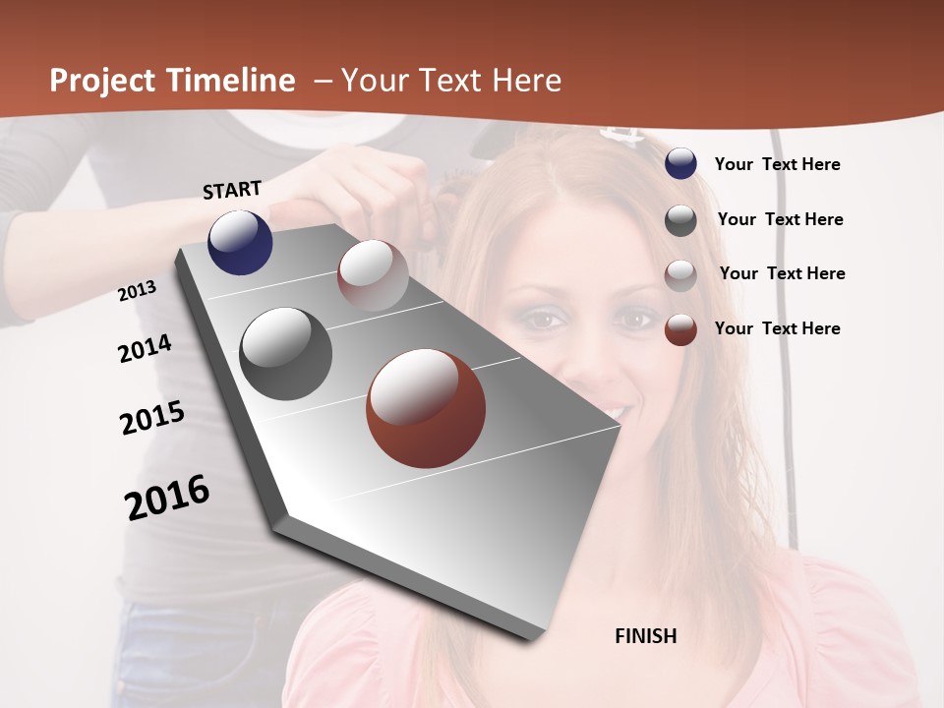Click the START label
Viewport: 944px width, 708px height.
click(232, 189)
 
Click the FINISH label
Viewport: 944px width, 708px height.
click(646, 636)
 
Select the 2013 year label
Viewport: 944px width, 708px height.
click(138, 290)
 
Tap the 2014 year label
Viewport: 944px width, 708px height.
click(145, 348)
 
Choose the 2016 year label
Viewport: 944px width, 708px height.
click(167, 497)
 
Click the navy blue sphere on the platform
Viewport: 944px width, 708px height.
click(240, 243)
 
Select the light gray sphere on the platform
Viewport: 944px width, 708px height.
click(373, 275)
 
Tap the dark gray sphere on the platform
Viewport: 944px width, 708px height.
click(285, 354)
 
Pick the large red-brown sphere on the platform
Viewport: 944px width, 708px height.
click(426, 408)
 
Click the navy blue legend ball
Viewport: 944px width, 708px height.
click(680, 163)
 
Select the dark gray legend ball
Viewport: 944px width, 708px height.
click(680, 220)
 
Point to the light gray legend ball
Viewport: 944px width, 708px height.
click(680, 275)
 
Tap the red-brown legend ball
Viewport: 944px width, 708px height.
click(680, 329)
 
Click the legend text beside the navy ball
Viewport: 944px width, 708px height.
click(777, 164)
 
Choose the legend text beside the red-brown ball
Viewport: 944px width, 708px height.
click(777, 328)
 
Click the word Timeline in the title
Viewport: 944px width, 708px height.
click(231, 81)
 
